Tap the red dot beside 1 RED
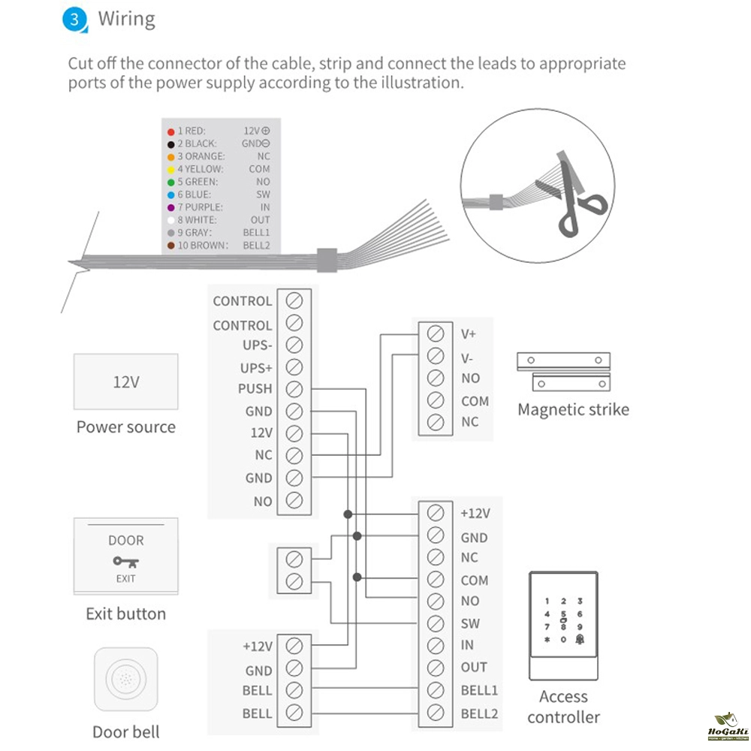(x=171, y=131)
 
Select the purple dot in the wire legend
(x=171, y=207)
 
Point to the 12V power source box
(x=126, y=382)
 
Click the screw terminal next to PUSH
(x=294, y=390)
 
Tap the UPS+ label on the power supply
(x=255, y=368)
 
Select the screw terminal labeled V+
(x=434, y=333)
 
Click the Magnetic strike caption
(x=573, y=409)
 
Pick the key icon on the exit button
(x=125, y=561)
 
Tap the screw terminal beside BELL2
(x=434, y=713)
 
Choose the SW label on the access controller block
(x=470, y=623)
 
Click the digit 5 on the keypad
(x=563, y=614)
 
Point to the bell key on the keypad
(x=580, y=639)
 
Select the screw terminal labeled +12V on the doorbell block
(x=294, y=646)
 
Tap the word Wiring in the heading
(x=127, y=19)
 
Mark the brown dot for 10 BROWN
(x=171, y=246)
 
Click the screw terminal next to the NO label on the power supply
(x=294, y=501)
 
